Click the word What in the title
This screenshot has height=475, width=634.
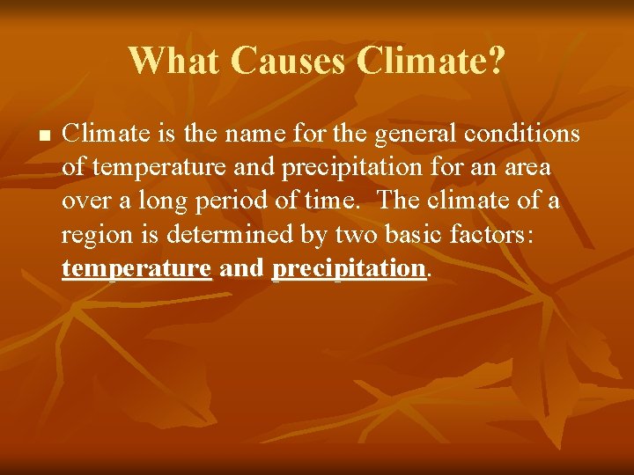pos(173,60)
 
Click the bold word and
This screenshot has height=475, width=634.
pos(242,268)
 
